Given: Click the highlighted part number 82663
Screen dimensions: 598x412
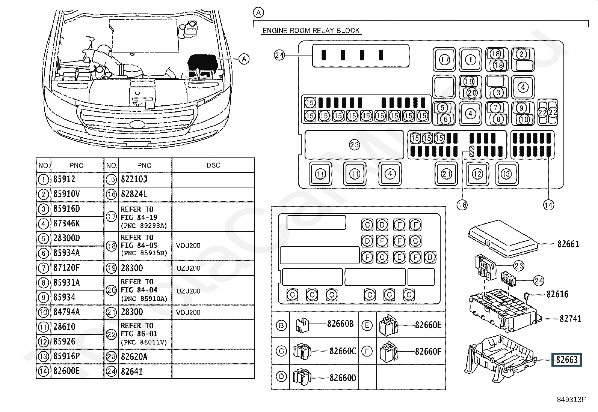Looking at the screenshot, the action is (566, 360).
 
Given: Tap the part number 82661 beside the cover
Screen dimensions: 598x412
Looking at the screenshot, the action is (568, 244).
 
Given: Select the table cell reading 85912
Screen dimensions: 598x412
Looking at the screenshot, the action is (64, 179).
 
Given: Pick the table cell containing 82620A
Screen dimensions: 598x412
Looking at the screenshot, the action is (134, 357).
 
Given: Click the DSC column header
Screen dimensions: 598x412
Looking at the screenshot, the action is (213, 165).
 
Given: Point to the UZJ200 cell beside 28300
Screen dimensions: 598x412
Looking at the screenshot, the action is (188, 268).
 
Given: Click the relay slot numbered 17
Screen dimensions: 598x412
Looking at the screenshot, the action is (444, 60).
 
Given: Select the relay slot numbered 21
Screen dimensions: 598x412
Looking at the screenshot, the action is (446, 174).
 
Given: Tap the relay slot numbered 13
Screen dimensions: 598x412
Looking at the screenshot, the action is (506, 174).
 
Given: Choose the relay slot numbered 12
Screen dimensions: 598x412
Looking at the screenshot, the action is (477, 174).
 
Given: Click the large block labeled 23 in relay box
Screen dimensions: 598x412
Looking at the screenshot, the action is (354, 145).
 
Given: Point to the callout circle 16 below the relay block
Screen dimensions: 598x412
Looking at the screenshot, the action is (462, 205).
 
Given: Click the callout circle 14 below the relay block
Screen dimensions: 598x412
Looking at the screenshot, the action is (549, 205).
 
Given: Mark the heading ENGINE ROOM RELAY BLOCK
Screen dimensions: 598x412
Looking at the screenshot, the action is (311, 30).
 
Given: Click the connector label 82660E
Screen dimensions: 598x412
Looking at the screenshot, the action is (428, 325).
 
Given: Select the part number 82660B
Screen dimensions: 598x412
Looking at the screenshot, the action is (340, 324).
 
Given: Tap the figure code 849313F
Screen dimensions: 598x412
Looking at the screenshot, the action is (571, 400).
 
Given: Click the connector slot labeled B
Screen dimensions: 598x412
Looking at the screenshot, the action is (430, 257).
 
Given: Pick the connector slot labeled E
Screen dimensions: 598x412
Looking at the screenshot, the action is (399, 257).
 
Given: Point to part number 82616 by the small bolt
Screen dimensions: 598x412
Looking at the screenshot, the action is (557, 294).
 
